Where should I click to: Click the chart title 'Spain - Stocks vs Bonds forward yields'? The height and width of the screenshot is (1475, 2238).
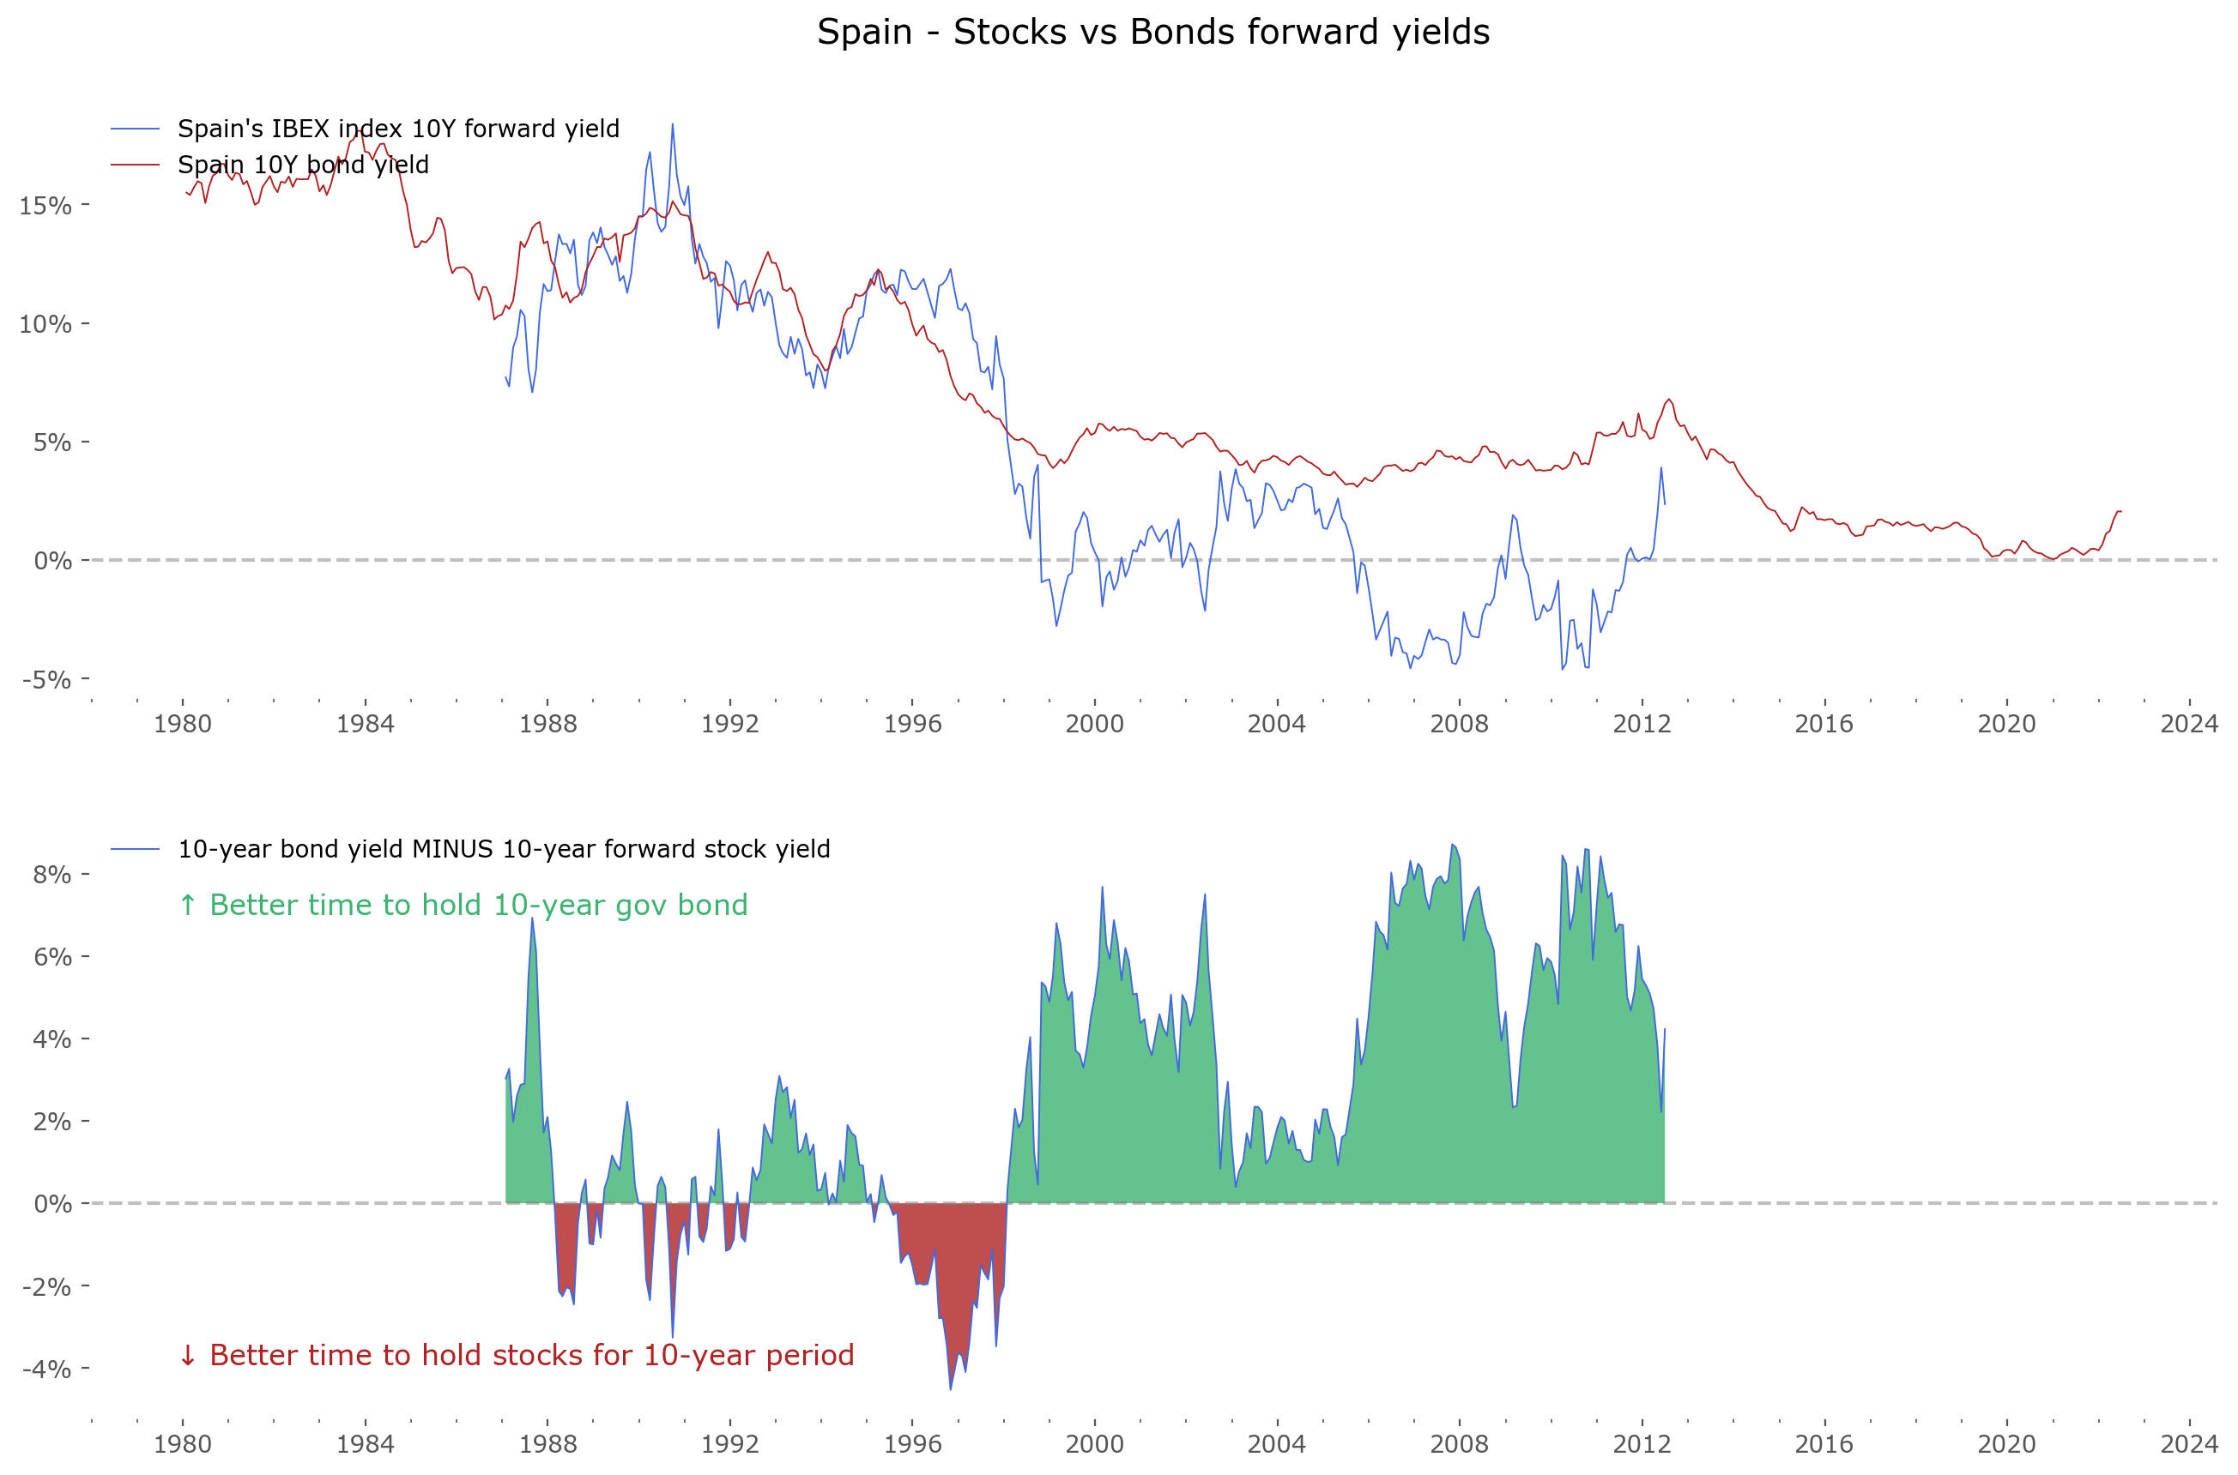click(1152, 32)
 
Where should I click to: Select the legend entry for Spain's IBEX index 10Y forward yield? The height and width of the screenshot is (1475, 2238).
click(397, 129)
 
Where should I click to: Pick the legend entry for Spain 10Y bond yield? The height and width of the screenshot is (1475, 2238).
click(302, 165)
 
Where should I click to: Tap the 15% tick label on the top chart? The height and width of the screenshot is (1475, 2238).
click(45, 205)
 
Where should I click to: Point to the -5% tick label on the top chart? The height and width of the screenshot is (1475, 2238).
click(46, 679)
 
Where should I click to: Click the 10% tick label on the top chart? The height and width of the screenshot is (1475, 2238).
click(45, 324)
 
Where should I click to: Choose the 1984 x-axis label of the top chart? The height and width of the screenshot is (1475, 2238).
click(366, 724)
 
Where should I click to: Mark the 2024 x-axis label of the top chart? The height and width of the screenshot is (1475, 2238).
click(2189, 724)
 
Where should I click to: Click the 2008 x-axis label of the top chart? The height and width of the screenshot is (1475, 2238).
click(1459, 724)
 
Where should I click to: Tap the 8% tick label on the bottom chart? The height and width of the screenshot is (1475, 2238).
click(51, 875)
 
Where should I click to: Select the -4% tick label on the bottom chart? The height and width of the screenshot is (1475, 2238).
click(46, 1369)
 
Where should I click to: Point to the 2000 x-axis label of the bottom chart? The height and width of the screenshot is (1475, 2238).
click(1093, 1444)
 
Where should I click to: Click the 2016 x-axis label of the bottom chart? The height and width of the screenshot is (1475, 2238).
click(1824, 1444)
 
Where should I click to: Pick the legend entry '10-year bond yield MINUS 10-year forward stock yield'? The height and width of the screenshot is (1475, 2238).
click(504, 850)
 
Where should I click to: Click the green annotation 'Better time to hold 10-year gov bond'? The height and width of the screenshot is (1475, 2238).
click(463, 905)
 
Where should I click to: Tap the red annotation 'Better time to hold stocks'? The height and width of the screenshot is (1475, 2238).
click(516, 1356)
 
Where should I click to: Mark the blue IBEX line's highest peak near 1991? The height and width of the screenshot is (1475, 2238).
click(672, 124)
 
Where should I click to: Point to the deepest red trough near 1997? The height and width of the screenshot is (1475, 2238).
click(951, 1388)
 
